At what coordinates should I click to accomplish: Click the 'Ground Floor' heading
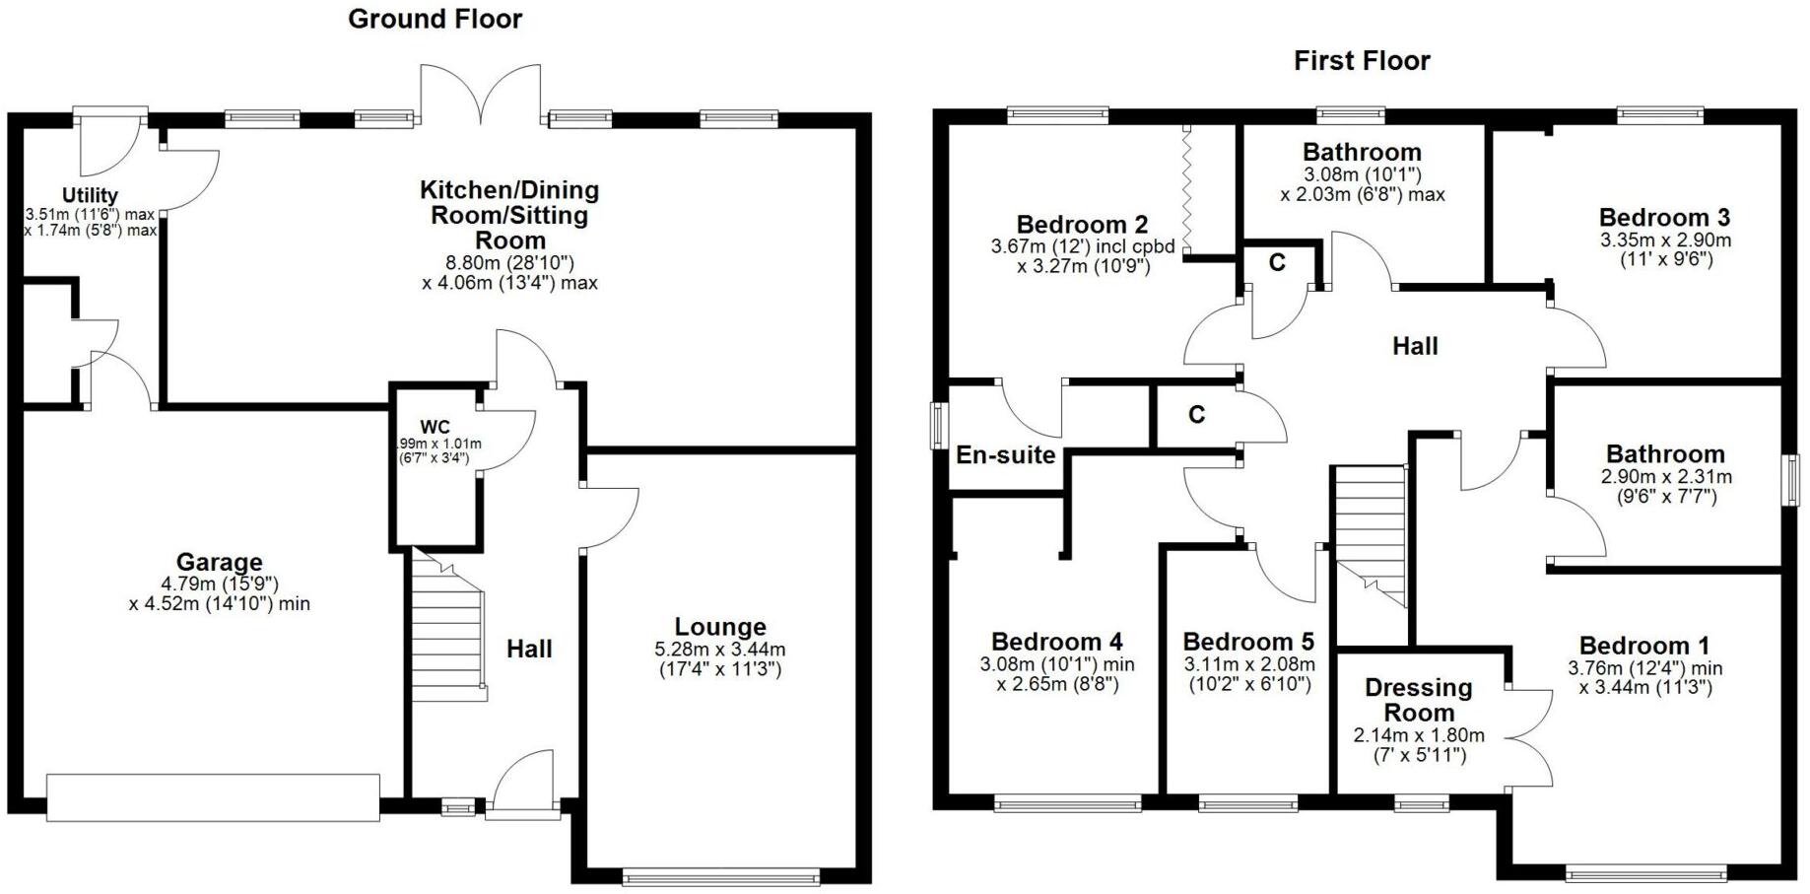435,19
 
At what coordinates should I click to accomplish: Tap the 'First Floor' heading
1361,61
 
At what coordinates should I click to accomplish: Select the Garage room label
219,562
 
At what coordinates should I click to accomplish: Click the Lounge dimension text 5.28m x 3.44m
719,650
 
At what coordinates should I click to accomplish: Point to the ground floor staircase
447,627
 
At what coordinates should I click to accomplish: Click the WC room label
435,427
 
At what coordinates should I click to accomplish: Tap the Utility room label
90,195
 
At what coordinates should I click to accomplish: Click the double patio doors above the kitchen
481,95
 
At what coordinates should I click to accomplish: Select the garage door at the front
213,797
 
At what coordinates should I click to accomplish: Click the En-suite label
1005,455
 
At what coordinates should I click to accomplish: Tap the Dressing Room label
1418,699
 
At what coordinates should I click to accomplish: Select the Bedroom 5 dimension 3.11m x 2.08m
1248,664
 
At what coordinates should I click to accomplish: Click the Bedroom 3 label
1664,217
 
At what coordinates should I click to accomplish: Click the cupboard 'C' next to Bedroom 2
1277,263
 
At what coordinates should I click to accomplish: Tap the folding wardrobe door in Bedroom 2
1188,187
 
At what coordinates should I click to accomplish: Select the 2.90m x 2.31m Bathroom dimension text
1664,476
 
